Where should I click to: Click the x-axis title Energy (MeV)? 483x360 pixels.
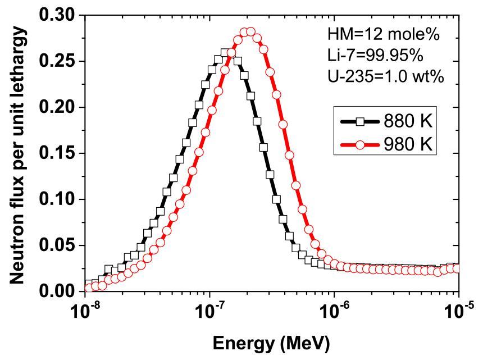click(x=272, y=343)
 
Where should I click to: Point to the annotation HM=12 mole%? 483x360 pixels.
click(x=383, y=34)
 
